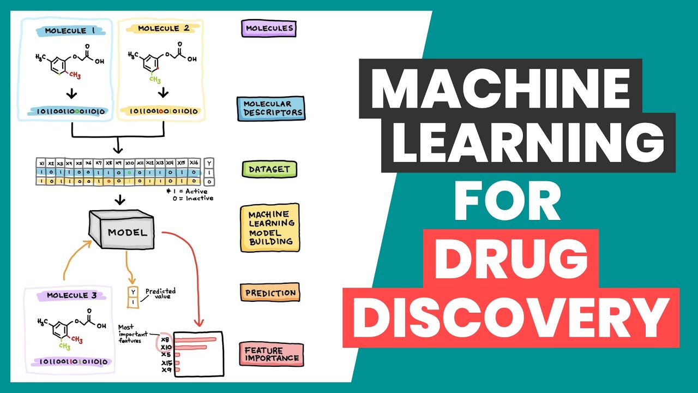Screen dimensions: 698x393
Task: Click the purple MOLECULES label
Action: coord(268,28)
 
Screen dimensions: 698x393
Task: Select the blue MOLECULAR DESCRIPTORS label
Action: coord(270,108)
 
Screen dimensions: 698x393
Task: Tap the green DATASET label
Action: coord(269,170)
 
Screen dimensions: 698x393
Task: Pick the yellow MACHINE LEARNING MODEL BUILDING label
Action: coord(270,227)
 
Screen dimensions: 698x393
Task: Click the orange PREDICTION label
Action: coord(270,293)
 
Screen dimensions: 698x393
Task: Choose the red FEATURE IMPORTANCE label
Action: coord(271,354)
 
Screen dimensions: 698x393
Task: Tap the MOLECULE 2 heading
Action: coord(163,28)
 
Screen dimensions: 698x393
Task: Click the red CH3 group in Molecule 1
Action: coord(75,75)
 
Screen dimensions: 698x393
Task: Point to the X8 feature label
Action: coord(166,339)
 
